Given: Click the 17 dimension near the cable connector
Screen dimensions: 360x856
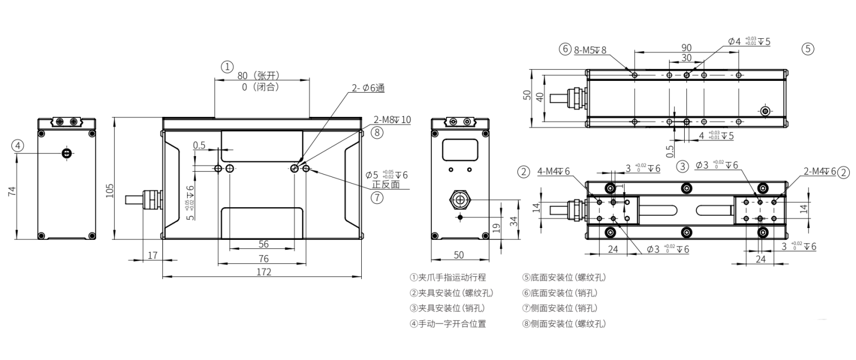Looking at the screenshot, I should coord(152,256).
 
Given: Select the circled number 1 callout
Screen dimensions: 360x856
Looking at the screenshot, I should coord(226,67).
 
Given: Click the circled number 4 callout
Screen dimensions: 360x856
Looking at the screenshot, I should coord(19,145).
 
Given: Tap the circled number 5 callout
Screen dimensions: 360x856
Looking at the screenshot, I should coord(807,49).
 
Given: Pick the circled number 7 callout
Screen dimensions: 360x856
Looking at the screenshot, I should coord(377,197).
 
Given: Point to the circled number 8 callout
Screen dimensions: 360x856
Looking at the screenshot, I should coord(377,133).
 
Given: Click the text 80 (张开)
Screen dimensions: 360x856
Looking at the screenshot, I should coord(258,76).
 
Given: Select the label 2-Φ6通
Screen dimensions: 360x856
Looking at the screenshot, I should coord(368,88).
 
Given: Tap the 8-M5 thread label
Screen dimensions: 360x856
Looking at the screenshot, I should coord(590,49).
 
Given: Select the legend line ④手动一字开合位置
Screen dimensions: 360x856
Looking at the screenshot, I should coord(448,323).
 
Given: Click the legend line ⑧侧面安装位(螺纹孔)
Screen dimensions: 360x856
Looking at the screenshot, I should coord(563,323).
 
